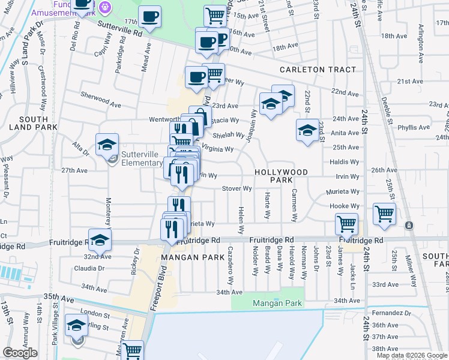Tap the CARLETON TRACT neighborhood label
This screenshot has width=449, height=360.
tap(318, 70)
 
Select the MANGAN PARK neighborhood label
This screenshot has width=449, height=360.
tap(184, 257)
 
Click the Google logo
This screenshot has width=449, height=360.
tap(20, 353)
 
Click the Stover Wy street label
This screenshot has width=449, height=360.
tap(237, 188)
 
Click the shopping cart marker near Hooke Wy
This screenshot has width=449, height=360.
tap(384, 214)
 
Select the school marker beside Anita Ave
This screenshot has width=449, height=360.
tap(307, 130)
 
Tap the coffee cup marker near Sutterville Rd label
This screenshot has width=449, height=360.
tap(149, 16)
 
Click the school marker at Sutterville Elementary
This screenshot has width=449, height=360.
tap(107, 145)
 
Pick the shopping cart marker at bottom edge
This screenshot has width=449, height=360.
tap(132, 350)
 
